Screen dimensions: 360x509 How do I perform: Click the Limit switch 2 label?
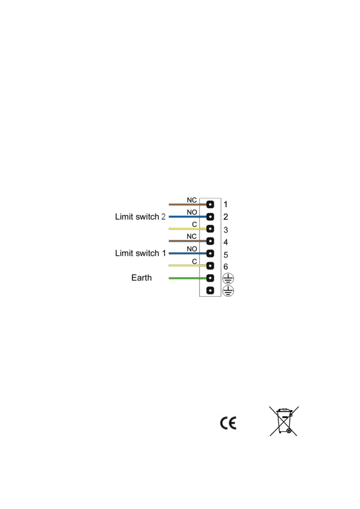pyautogui.click(x=140, y=217)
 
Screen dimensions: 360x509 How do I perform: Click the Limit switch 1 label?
pyautogui.click(x=140, y=253)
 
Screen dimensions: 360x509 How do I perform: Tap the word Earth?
pyautogui.click(x=142, y=278)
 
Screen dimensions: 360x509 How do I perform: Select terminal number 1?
pyautogui.click(x=226, y=205)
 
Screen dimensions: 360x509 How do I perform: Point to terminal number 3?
pyautogui.click(x=226, y=230)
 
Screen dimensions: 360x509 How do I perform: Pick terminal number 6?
pyautogui.click(x=226, y=267)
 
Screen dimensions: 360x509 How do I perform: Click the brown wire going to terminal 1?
pyautogui.click(x=188, y=205)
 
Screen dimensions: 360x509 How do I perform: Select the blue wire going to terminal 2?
pyautogui.click(x=188, y=217)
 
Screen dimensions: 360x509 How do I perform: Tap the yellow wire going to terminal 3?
pyautogui.click(x=188, y=229)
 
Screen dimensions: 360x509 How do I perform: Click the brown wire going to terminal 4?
pyautogui.click(x=188, y=241)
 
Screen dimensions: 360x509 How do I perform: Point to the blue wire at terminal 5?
pyautogui.click(x=188, y=253)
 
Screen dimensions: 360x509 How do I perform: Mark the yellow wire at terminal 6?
pyautogui.click(x=188, y=265)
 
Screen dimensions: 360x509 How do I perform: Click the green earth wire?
pyautogui.click(x=188, y=278)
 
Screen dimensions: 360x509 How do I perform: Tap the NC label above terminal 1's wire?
pyautogui.click(x=192, y=200)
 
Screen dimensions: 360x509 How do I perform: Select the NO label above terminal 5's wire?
pyautogui.click(x=192, y=249)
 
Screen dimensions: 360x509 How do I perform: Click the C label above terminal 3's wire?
pyautogui.click(x=194, y=225)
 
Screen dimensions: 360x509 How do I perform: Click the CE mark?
pyautogui.click(x=228, y=423)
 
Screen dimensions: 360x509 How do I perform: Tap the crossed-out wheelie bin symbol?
pyautogui.click(x=284, y=421)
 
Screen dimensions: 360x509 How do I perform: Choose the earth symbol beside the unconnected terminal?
pyautogui.click(x=228, y=291)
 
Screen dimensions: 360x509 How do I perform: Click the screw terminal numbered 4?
pyautogui.click(x=210, y=241)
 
